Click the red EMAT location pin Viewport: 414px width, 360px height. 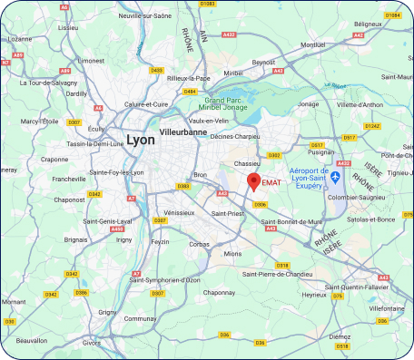click(253, 180)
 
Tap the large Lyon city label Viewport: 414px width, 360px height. click(141, 140)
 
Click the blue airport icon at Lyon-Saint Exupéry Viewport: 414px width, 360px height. click(335, 175)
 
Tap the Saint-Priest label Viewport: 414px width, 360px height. click(228, 213)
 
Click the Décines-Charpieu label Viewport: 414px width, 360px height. click(235, 140)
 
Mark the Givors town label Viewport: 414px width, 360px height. click(92, 343)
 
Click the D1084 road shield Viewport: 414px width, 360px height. click(392, 15)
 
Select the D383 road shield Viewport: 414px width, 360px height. click(182, 186)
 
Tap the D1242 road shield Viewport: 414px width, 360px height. click(371, 125)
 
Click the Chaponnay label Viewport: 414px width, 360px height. click(219, 292)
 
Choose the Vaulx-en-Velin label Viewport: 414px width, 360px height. click(209, 120)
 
